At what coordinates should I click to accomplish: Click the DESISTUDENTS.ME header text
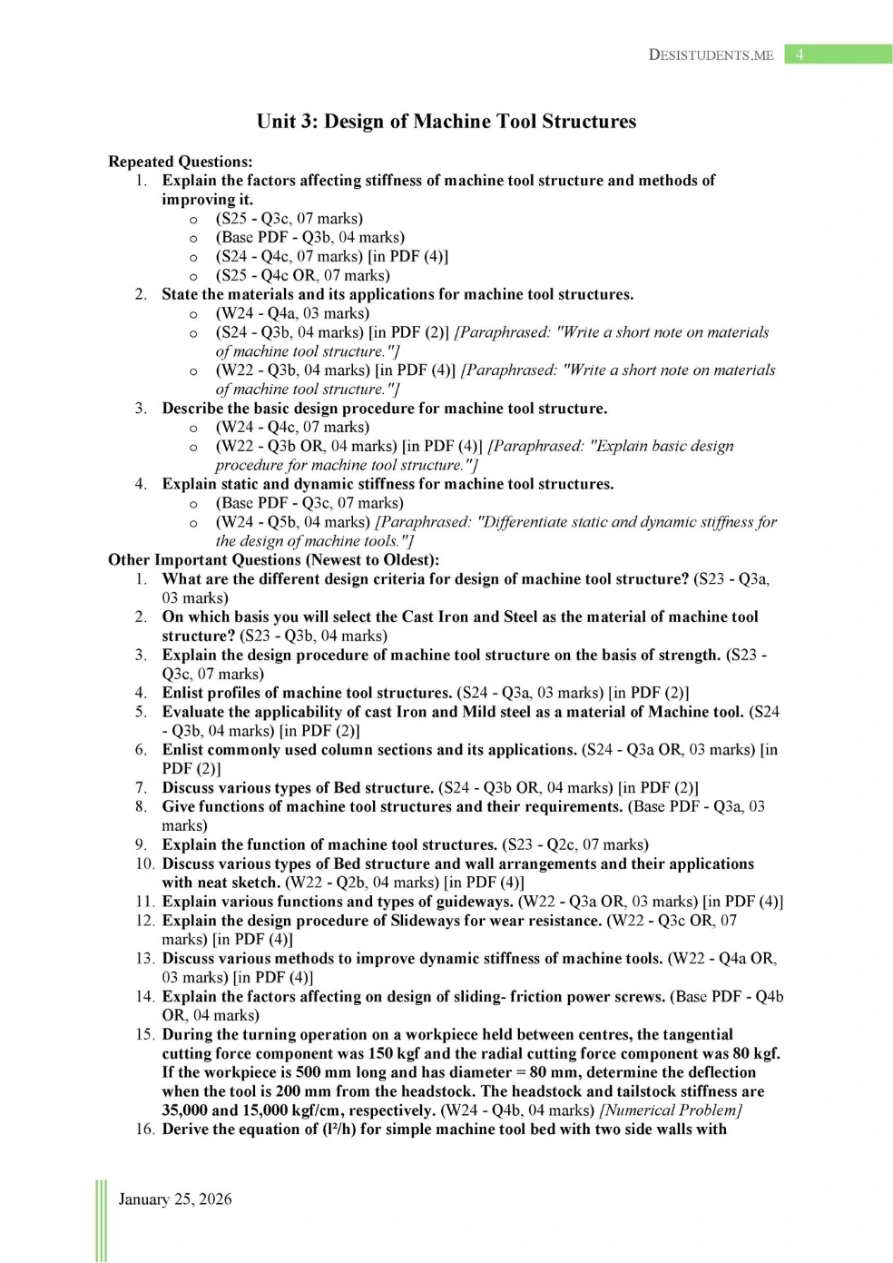pos(711,54)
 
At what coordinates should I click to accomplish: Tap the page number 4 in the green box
pos(800,54)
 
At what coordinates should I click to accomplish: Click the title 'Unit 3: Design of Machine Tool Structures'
pos(446,122)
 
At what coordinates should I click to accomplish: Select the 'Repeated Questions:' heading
pos(181,162)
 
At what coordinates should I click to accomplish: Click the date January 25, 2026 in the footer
pos(175,1199)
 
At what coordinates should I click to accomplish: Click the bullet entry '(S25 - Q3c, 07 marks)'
pos(289,219)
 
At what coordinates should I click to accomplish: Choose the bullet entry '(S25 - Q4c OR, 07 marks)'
pos(302,275)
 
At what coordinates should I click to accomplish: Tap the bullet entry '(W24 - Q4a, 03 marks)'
pos(292,313)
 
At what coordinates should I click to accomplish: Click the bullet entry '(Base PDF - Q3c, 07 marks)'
pos(309,503)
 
